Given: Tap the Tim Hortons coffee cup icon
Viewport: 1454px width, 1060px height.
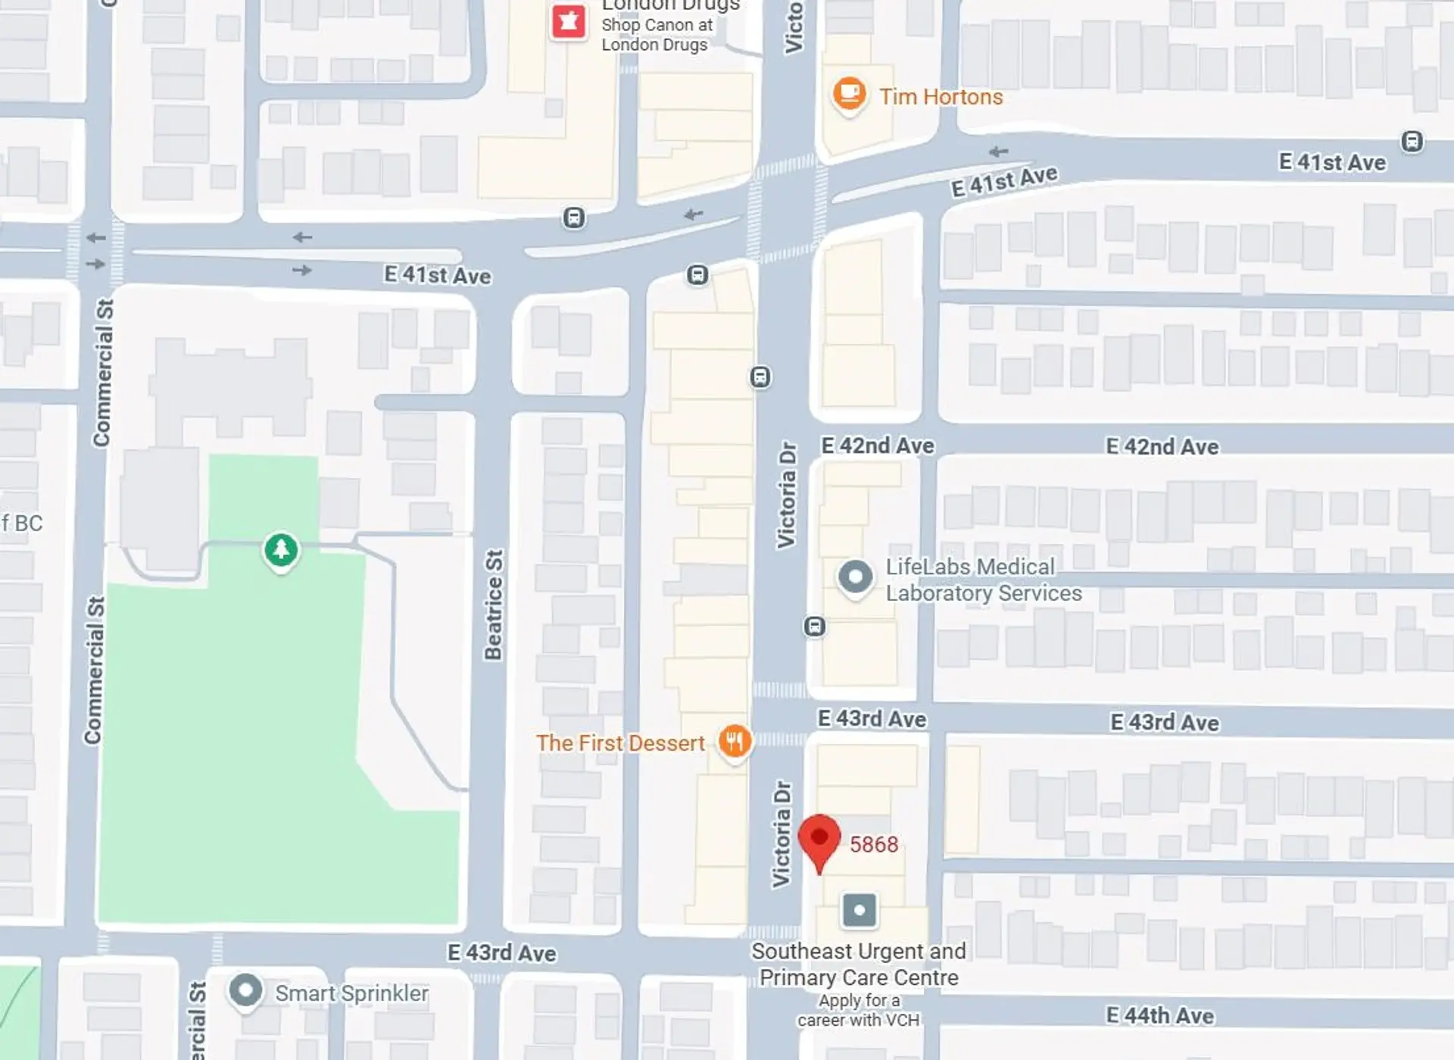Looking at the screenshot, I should (x=849, y=94).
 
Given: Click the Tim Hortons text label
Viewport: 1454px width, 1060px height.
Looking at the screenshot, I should (x=941, y=97).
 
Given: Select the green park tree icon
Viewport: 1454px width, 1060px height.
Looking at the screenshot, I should (x=281, y=549).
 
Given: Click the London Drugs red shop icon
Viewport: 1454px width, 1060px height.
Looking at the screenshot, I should (x=569, y=21).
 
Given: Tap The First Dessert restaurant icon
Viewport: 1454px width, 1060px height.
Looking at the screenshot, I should (x=734, y=741).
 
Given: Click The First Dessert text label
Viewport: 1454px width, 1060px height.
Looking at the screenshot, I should (x=620, y=743).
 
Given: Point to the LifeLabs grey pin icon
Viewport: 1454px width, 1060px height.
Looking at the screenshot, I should (x=855, y=577).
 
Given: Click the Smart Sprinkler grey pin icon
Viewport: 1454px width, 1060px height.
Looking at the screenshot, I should (x=245, y=990).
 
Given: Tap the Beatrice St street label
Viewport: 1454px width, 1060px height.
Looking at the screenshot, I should (x=494, y=605).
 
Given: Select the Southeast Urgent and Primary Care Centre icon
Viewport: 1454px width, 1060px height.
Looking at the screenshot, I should (x=860, y=910).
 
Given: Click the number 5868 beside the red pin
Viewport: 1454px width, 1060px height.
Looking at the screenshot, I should (x=873, y=845).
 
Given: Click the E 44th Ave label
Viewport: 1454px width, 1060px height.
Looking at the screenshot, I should (x=1159, y=1015).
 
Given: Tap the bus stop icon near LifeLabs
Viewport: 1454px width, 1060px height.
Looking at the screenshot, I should (x=815, y=627).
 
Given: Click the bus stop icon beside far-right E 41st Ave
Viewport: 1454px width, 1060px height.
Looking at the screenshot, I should (x=1412, y=142).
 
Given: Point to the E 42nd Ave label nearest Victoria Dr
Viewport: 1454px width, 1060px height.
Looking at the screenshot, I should (x=877, y=446).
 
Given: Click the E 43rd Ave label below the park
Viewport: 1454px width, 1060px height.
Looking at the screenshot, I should (x=501, y=952).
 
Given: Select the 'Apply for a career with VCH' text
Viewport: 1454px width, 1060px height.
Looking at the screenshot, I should (x=858, y=1011).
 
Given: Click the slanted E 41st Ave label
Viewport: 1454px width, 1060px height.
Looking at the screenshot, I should (x=1004, y=182).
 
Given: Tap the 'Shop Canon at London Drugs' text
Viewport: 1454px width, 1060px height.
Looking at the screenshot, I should (x=656, y=35).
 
